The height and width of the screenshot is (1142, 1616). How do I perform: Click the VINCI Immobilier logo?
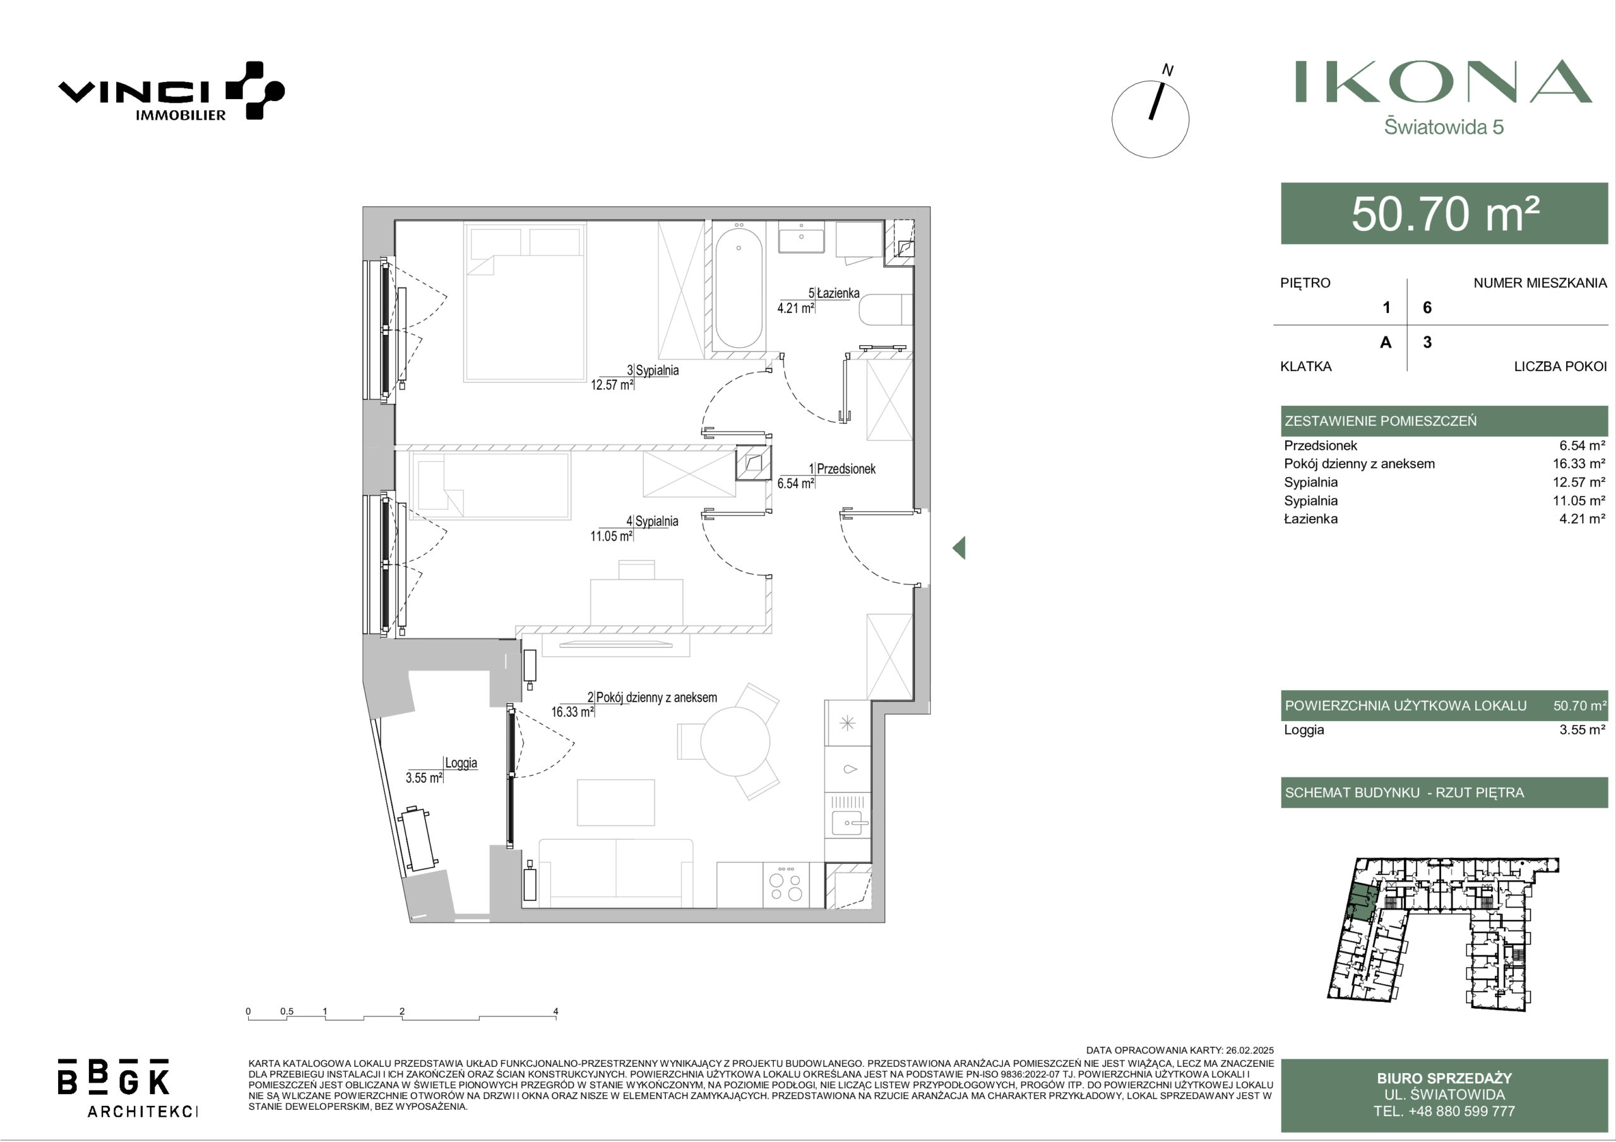pyautogui.click(x=171, y=91)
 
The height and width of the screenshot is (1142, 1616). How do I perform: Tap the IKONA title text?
pyautogui.click(x=1444, y=81)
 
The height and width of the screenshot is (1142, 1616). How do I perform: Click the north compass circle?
pyautogui.click(x=1150, y=119)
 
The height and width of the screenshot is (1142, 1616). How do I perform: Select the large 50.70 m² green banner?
pyautogui.click(x=1444, y=213)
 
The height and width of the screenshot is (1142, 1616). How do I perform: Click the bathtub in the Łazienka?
pyautogui.click(x=739, y=287)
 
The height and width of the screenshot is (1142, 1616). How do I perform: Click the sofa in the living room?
pyautogui.click(x=616, y=873)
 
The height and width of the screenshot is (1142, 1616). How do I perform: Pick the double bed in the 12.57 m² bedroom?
pyautogui.click(x=525, y=303)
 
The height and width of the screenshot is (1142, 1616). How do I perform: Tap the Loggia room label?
pyautogui.click(x=461, y=763)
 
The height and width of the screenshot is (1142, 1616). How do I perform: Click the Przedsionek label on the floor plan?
pyautogui.click(x=846, y=469)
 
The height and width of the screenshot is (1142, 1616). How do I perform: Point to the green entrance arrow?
pyautogui.click(x=959, y=548)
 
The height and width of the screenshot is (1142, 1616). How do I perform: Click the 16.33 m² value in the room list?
pyautogui.click(x=1579, y=464)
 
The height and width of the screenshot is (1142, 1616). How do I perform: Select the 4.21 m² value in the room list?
pyautogui.click(x=1582, y=519)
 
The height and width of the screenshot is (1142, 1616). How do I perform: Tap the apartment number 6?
pyautogui.click(x=1427, y=307)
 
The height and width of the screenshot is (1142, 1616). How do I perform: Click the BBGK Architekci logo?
pyautogui.click(x=128, y=1087)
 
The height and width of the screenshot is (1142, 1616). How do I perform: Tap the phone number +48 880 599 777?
pyautogui.click(x=1444, y=1111)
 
